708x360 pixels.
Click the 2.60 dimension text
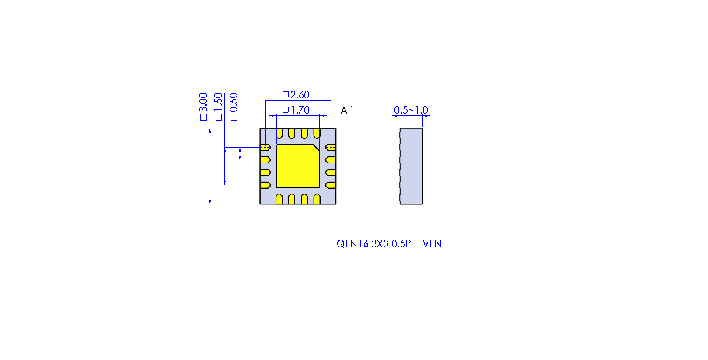300,95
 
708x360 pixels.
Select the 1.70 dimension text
300,110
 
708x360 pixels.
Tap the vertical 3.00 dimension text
203,102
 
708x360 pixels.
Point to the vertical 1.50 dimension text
218,102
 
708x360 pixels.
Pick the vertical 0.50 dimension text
234,102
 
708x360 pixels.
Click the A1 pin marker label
347,111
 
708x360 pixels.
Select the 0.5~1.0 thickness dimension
411,110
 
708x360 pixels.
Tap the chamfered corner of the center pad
317,148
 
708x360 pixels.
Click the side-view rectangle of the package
411,166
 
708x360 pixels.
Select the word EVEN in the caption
429,244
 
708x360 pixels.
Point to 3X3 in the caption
380,244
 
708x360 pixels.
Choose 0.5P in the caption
401,244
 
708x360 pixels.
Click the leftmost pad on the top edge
279,133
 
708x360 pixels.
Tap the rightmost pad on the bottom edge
317,199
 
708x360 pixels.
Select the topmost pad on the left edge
266,147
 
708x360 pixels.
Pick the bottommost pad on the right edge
331,185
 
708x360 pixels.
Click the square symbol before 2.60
286,94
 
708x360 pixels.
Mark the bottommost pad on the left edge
266,185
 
